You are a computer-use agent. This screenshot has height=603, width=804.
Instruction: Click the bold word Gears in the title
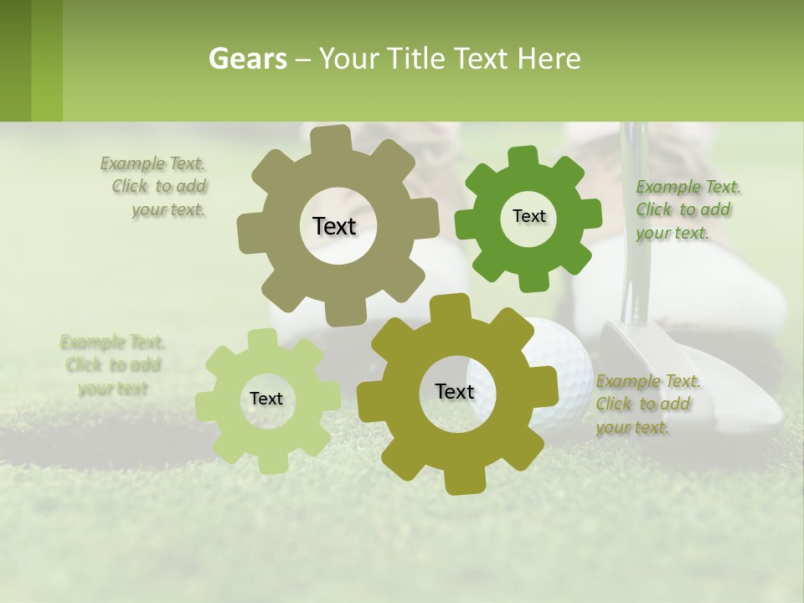tap(247, 59)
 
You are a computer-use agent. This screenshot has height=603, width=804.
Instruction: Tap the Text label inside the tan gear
tap(334, 226)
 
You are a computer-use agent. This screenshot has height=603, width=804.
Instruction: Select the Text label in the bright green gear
tap(528, 216)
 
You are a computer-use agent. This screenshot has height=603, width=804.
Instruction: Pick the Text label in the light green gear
tap(266, 399)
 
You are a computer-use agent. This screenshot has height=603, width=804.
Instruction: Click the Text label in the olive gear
tap(455, 391)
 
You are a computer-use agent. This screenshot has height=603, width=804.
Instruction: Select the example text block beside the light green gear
tap(112, 365)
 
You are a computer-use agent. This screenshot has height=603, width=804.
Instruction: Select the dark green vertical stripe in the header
tap(15, 60)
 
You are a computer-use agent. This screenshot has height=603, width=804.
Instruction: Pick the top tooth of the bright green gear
tap(523, 157)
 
